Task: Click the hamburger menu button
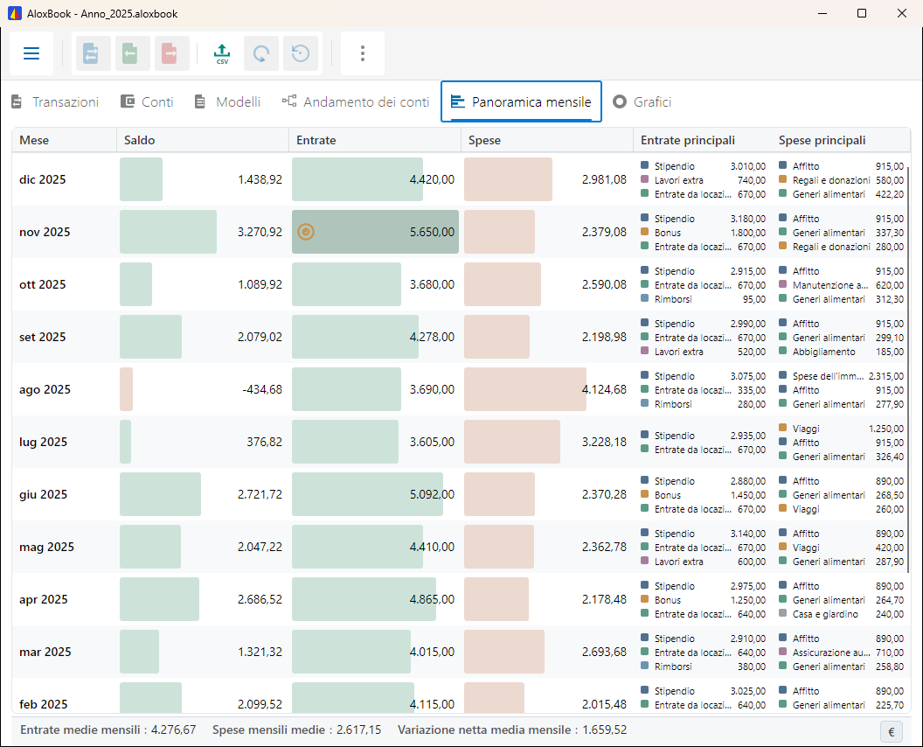(31, 53)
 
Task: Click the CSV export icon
(222, 53)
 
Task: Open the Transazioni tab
(55, 102)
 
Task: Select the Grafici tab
(642, 102)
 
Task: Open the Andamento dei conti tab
(356, 102)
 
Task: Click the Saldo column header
(140, 140)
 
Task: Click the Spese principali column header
(822, 140)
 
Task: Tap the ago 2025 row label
(45, 389)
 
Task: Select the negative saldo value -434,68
(262, 389)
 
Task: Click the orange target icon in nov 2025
(306, 232)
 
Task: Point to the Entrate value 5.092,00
(432, 494)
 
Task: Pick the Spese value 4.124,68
(604, 389)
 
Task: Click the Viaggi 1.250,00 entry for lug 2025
(841, 429)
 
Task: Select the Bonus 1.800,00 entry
(704, 233)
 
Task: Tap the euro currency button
(892, 731)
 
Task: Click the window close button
(902, 13)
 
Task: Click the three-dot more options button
(363, 53)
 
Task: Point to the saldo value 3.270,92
(260, 232)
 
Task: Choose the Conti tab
(147, 102)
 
